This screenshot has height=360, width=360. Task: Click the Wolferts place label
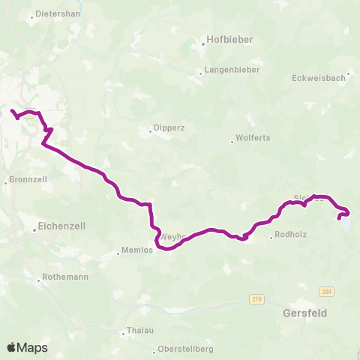tap(253, 138)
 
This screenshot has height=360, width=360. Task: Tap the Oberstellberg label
tap(187, 349)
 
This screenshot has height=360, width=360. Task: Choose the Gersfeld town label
tap(305, 313)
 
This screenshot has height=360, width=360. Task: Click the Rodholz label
tap(290, 235)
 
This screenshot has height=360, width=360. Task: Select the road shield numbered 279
tap(257, 298)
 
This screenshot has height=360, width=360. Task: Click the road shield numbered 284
tap(325, 292)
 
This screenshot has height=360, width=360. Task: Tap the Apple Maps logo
tap(27, 347)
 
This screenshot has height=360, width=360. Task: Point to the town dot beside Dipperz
tap(150, 130)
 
